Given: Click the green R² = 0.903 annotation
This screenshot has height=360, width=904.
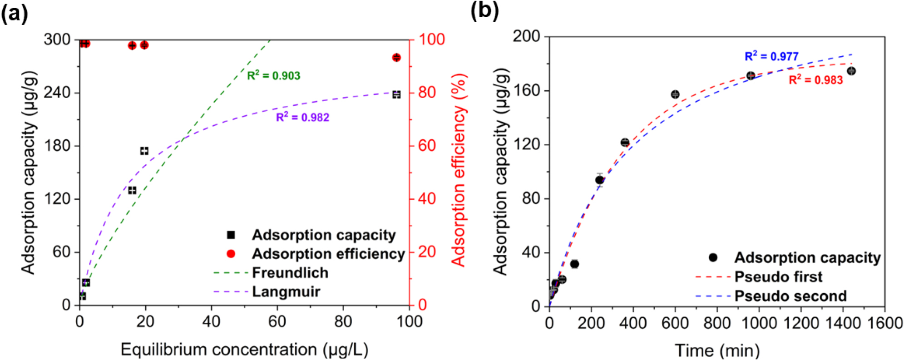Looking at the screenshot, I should [x=273, y=75].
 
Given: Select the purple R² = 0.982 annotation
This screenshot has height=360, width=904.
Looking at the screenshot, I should [x=302, y=118].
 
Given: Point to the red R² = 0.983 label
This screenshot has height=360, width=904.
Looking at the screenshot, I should [x=815, y=80].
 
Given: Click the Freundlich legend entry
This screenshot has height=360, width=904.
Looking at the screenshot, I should [x=290, y=273].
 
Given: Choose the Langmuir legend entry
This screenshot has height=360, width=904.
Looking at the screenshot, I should [x=286, y=291].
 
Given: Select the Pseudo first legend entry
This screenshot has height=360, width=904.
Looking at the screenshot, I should [x=778, y=276].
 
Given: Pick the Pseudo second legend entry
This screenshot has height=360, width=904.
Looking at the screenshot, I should [x=790, y=296].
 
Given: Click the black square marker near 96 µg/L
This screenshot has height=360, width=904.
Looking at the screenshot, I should [x=396, y=94].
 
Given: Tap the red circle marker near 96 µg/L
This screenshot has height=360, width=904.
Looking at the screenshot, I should [x=396, y=57].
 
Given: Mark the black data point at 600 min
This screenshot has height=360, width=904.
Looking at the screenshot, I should [x=675, y=94].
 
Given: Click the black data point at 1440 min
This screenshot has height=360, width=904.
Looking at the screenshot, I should [x=851, y=71].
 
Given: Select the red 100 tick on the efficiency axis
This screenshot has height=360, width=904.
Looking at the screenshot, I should [x=431, y=39].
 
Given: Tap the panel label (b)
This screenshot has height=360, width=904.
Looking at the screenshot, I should [x=484, y=11].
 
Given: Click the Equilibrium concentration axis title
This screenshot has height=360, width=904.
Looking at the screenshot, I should [x=244, y=350].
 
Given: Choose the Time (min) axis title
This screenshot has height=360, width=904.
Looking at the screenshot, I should [x=717, y=350].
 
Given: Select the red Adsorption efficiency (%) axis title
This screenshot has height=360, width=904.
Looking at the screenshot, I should [x=459, y=171].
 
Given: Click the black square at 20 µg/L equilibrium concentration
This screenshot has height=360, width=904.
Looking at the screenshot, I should [x=144, y=151].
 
